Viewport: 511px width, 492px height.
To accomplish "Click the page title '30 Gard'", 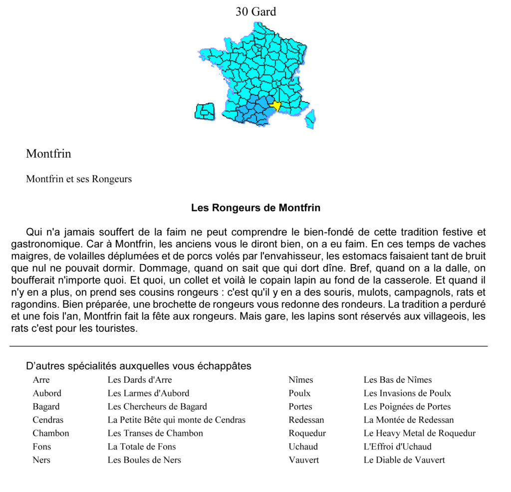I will pos(255,11).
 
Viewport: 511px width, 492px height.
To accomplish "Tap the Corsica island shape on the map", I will pos(310,119).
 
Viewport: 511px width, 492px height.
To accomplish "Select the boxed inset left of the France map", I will pos(204,111).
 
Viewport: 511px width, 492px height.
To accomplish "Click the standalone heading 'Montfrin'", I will pos(48,154).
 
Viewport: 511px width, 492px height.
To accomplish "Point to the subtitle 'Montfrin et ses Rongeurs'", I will pos(79,179).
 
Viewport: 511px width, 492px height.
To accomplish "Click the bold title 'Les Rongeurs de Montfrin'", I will pos(255,208).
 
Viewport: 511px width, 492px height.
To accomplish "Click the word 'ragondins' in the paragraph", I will pos(32,304).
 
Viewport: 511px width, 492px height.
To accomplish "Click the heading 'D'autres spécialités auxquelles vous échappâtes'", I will pos(138,366).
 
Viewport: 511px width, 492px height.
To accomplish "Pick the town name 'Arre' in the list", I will pos(41,380).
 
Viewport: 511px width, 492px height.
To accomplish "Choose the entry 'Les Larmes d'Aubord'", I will pos(148,393).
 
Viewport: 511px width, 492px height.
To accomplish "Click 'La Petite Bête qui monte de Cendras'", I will pos(177,420).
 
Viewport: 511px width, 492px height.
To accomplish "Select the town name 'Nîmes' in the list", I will pos(301,380).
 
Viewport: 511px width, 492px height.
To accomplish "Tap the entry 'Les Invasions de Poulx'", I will pos(407,393).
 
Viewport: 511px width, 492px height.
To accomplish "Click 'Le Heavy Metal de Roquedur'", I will pos(419,433).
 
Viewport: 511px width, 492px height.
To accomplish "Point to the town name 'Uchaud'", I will pos(303,447).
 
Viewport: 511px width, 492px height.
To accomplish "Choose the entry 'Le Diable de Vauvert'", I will pos(404,460).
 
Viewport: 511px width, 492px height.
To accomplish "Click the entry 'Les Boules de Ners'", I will pos(144,460).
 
